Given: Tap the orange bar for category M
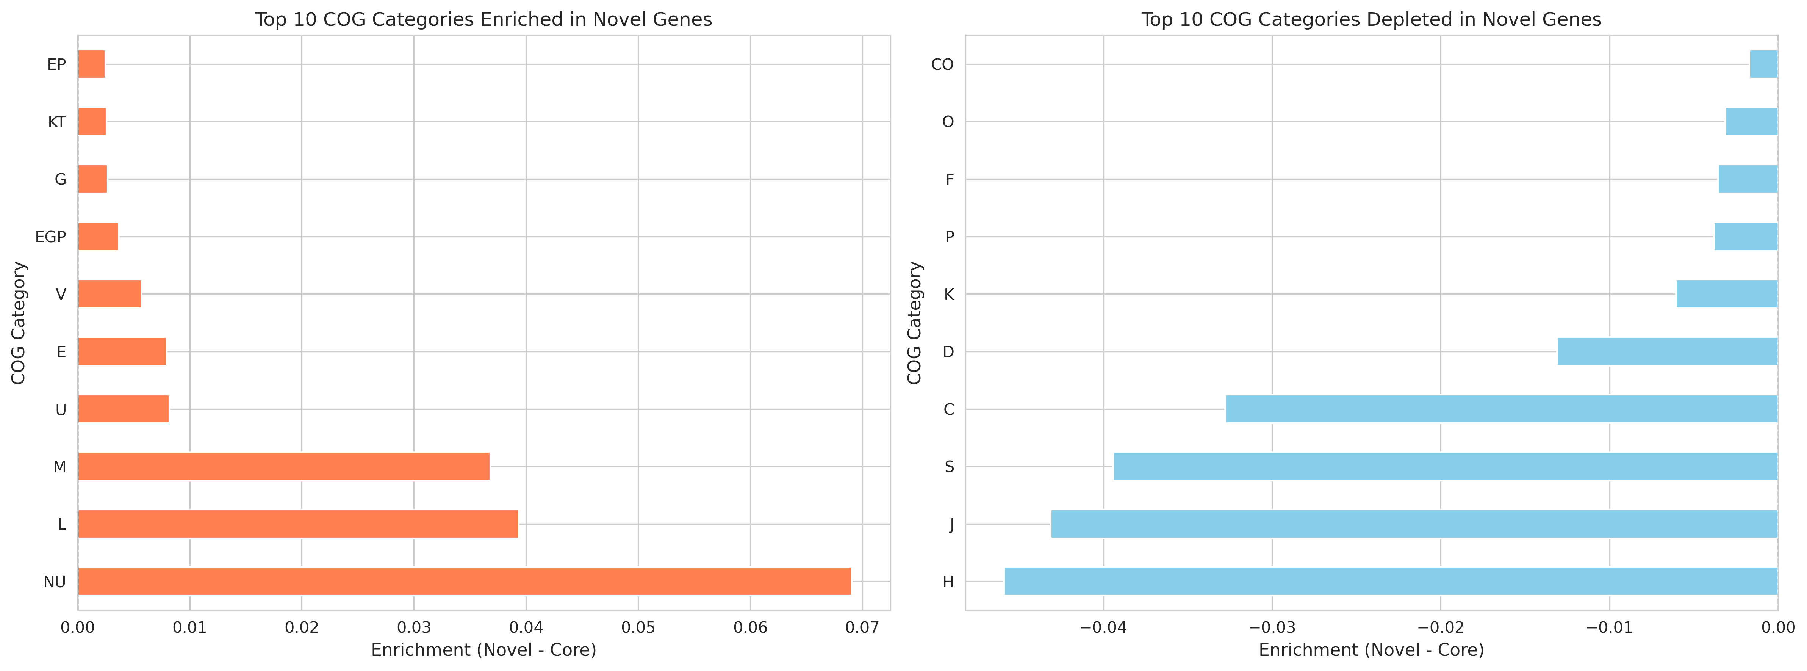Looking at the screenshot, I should click(283, 466).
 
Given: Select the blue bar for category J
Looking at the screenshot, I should click(1414, 524).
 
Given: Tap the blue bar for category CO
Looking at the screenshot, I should click(1763, 64).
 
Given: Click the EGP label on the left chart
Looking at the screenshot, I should click(50, 237).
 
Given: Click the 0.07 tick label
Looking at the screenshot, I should click(862, 627).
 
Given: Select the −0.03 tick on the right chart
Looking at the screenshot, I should click(1271, 627).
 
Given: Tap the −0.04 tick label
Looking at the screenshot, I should click(1103, 627).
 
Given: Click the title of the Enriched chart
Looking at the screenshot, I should click(483, 20).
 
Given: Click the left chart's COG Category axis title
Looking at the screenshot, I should click(18, 323).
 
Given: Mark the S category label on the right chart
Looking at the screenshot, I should click(949, 467).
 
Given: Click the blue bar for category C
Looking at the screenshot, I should click(1501, 409).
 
